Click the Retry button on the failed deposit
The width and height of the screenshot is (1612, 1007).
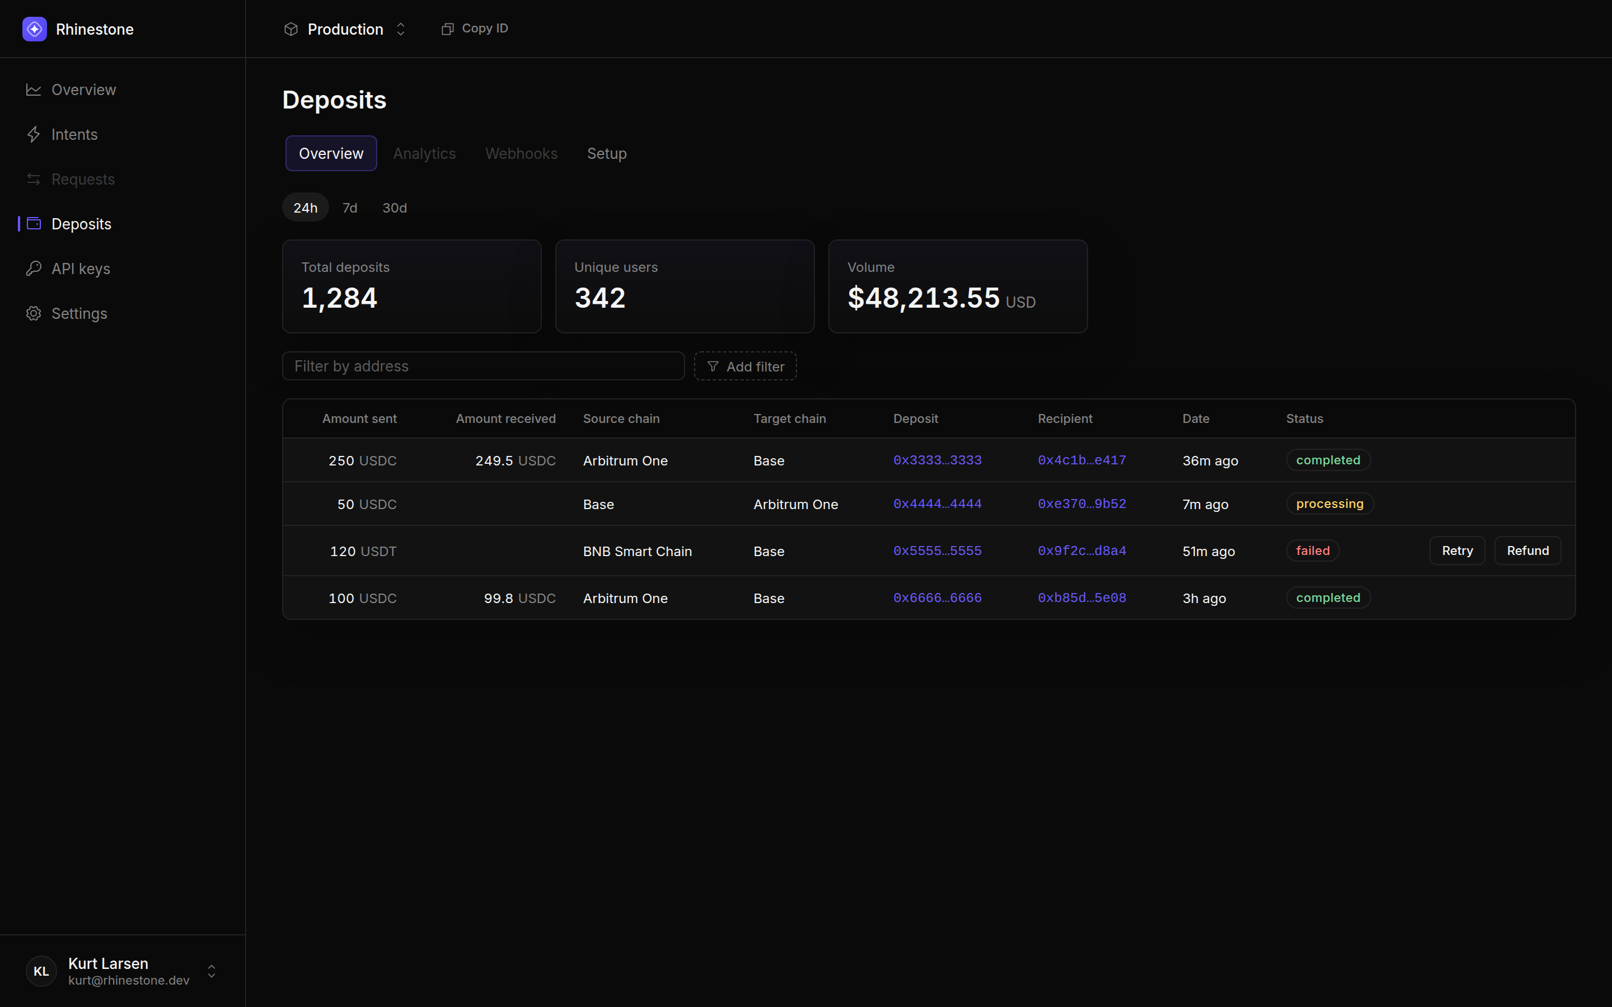(1457, 551)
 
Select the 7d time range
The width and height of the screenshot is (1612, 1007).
(350, 208)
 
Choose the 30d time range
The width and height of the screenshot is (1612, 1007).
(395, 208)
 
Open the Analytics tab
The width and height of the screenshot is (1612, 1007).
(424, 154)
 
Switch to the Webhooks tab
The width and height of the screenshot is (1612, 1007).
(522, 154)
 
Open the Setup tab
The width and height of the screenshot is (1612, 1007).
(607, 154)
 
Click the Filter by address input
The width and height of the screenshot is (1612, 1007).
(484, 366)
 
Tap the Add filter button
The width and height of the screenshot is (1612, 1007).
(746, 366)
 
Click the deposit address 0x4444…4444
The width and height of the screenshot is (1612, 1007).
(937, 504)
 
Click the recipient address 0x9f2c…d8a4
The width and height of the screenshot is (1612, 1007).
(1082, 551)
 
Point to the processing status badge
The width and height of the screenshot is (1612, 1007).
(1329, 504)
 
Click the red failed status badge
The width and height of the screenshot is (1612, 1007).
(1312, 551)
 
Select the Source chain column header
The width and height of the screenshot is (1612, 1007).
(621, 419)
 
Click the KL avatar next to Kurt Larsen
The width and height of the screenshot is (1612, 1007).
(41, 971)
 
